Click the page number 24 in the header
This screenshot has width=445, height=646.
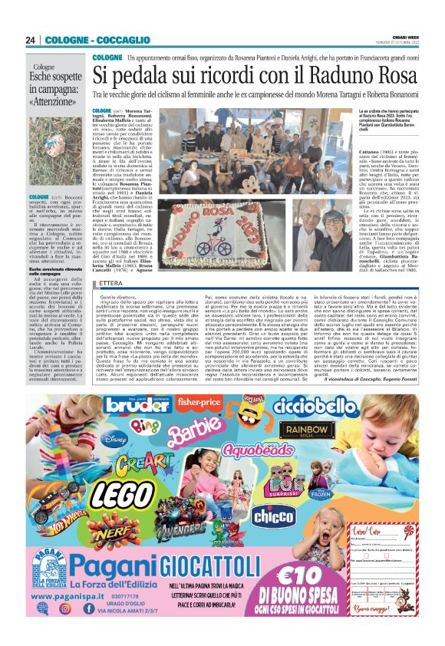click(x=31, y=39)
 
